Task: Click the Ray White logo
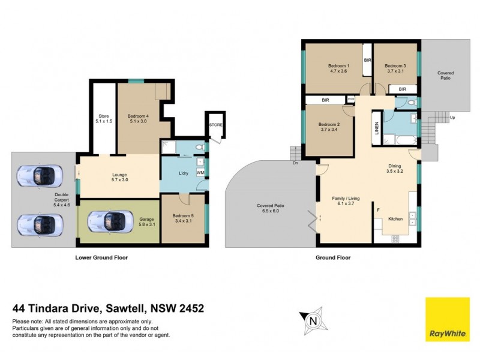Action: tap(448, 320)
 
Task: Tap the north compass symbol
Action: tap(312, 320)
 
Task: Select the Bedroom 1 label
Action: tap(338, 68)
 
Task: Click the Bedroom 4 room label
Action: tap(139, 118)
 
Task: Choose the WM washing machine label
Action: tap(200, 173)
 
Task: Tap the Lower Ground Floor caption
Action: tap(101, 257)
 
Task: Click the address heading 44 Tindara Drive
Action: tap(109, 309)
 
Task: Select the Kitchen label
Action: tap(395, 219)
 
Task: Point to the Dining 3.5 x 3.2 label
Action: tap(395, 169)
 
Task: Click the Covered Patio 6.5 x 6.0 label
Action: tap(271, 208)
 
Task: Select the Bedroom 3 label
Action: tap(395, 68)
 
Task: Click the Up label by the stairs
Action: tap(452, 118)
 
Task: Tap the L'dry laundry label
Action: tap(184, 174)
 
